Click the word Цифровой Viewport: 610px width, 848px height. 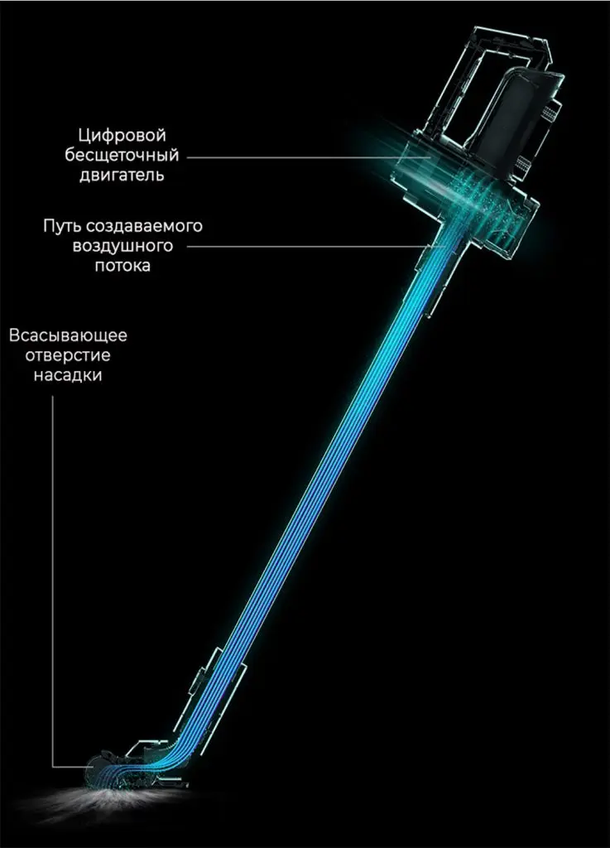tap(122, 136)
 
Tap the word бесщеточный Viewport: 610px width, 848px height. tap(122, 156)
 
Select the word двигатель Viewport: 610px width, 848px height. tap(122, 176)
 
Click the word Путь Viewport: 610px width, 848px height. tap(62, 225)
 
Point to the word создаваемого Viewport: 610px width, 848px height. tap(144, 226)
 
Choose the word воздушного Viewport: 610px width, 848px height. tap(122, 246)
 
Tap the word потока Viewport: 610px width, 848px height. tap(122, 266)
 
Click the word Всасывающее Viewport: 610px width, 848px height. tap(68, 335)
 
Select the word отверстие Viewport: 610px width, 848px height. tap(68, 355)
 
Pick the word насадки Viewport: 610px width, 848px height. tap(68, 375)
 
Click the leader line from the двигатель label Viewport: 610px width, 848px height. tap(309, 157)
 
